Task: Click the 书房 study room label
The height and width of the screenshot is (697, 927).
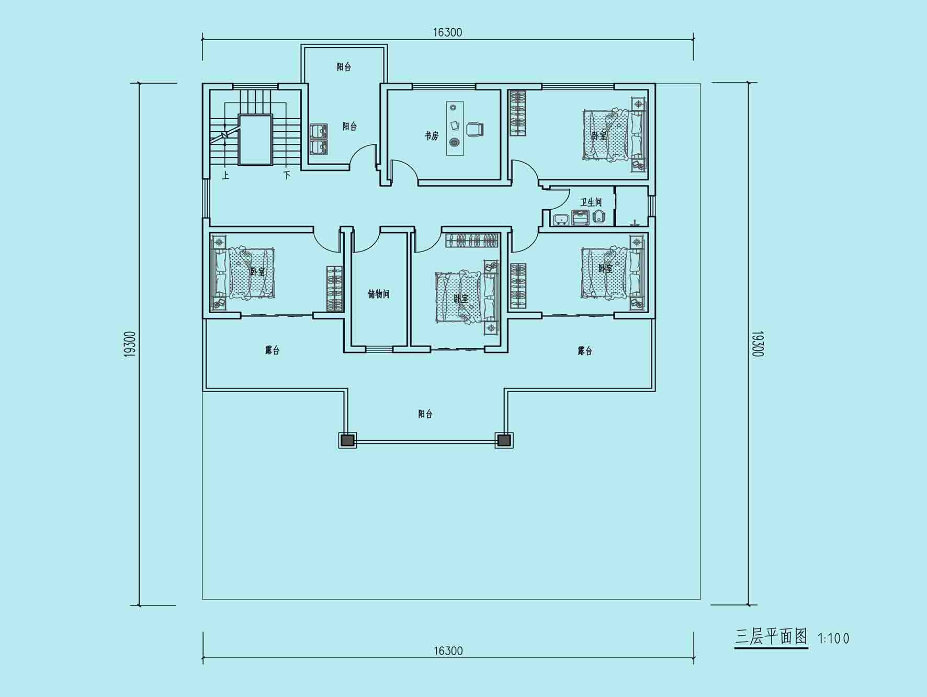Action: [431, 136]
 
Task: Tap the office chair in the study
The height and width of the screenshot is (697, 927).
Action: [474, 129]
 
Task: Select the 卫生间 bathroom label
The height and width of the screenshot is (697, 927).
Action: [591, 202]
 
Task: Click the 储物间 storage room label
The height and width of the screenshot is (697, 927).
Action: [379, 294]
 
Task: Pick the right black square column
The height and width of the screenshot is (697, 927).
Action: [504, 441]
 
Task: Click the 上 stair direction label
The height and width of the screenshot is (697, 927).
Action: [225, 175]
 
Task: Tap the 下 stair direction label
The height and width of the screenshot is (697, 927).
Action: [287, 175]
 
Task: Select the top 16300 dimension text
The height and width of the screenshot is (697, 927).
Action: [447, 32]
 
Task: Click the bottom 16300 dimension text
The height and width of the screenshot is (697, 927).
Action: [448, 650]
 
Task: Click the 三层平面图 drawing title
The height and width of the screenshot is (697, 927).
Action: [771, 637]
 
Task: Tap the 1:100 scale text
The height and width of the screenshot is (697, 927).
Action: [833, 638]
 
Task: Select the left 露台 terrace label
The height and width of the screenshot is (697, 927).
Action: [272, 350]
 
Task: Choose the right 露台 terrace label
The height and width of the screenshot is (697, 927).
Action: [585, 351]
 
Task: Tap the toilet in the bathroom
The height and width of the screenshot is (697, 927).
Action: [598, 216]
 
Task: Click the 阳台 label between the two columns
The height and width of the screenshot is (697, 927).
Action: [425, 414]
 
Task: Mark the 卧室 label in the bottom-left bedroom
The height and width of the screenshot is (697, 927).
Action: [257, 272]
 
